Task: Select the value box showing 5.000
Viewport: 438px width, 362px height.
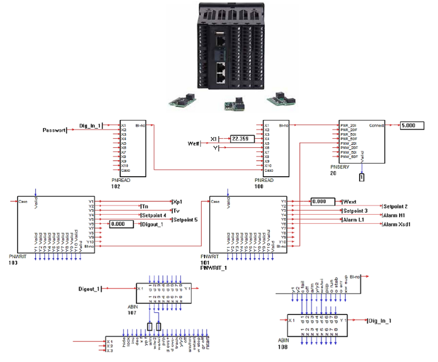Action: [x=411, y=125]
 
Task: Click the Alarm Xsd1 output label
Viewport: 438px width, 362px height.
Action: [x=399, y=224]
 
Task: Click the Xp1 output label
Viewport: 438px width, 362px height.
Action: [x=179, y=201]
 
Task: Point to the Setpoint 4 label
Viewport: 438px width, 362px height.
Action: [x=155, y=215]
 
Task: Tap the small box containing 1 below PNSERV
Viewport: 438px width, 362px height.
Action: [x=362, y=177]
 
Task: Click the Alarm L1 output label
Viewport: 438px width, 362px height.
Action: [x=353, y=220]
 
